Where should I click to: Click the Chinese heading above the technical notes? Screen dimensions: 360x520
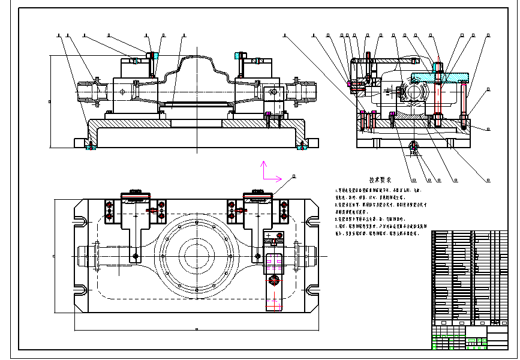[x=380, y=179]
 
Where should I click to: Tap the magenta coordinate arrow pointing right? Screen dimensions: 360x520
[x=273, y=178]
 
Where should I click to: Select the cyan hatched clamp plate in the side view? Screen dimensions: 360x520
[x=441, y=77]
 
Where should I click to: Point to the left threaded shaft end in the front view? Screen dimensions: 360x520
[x=90, y=92]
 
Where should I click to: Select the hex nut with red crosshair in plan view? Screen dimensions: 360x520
[x=275, y=281]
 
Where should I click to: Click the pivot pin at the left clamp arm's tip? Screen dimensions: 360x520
[x=136, y=257]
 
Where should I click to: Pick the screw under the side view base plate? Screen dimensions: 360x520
[x=413, y=146]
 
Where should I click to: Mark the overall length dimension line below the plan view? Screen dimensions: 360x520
[x=196, y=329]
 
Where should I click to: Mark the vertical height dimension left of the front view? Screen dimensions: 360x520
[x=50, y=101]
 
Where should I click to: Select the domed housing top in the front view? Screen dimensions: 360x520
[x=196, y=60]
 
